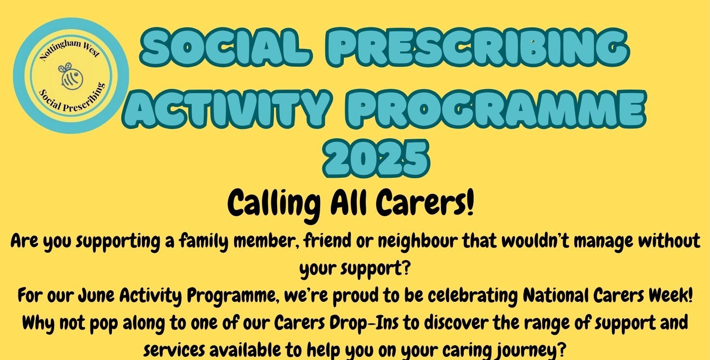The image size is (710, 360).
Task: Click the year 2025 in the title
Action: coord(376,158)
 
